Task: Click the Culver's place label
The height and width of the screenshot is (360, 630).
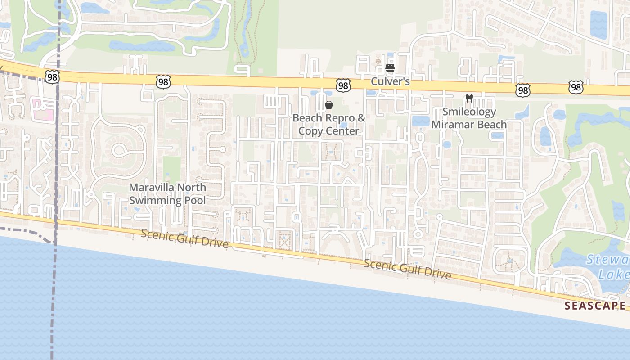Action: pyautogui.click(x=390, y=81)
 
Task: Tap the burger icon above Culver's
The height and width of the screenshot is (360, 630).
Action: pyautogui.click(x=390, y=68)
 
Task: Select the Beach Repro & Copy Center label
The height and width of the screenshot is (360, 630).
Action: pyautogui.click(x=329, y=125)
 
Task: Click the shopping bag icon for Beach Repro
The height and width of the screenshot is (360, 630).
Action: pyautogui.click(x=329, y=105)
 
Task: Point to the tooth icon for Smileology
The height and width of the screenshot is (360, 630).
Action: pyautogui.click(x=469, y=98)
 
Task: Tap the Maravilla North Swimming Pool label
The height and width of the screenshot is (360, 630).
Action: pyautogui.click(x=167, y=194)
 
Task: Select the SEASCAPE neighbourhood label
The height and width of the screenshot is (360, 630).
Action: pyautogui.click(x=595, y=306)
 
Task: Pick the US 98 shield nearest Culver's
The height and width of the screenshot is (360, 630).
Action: pyautogui.click(x=343, y=85)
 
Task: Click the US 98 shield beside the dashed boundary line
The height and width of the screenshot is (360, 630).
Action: pyautogui.click(x=52, y=77)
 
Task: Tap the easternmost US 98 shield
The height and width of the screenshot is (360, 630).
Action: pyautogui.click(x=576, y=87)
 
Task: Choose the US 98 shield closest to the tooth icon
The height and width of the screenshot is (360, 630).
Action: pyautogui.click(x=522, y=91)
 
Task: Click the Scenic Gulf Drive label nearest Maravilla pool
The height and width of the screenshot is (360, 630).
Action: pyautogui.click(x=184, y=238)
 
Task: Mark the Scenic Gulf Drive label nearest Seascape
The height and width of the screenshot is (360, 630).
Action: pyautogui.click(x=407, y=269)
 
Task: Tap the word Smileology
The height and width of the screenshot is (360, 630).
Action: pyautogui.click(x=469, y=112)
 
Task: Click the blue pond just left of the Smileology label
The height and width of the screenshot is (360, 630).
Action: pyautogui.click(x=420, y=121)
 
